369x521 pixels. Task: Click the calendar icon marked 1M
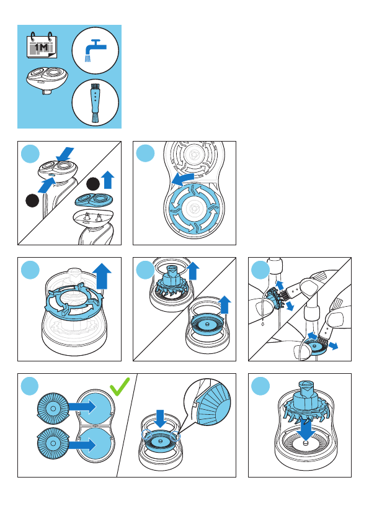(x=42, y=45)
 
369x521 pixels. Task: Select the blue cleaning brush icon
(x=96, y=102)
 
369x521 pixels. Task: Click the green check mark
(x=120, y=386)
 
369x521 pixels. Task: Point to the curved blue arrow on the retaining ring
(x=184, y=178)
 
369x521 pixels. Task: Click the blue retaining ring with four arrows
(x=194, y=209)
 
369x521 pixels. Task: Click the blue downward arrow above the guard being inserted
(x=161, y=419)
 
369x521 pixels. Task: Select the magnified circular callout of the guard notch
(x=208, y=402)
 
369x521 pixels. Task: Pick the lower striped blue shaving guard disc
(x=53, y=442)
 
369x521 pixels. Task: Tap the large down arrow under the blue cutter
(x=306, y=430)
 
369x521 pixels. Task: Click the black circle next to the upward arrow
(x=93, y=184)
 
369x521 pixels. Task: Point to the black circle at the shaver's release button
(x=32, y=201)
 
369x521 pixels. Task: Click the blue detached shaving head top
(x=94, y=201)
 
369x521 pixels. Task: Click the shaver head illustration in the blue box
(x=48, y=79)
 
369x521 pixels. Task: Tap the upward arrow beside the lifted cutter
(x=193, y=271)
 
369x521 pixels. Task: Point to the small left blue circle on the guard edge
(x=146, y=435)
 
